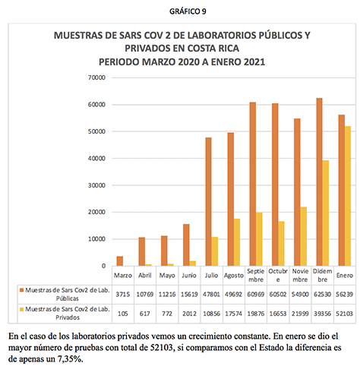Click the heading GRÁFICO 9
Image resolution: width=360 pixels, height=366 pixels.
(x=188, y=11)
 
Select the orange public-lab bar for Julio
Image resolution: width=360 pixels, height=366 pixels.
(x=208, y=202)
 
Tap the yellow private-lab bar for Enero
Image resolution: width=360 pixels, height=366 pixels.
(x=348, y=196)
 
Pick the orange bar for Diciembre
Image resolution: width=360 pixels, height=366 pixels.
(x=319, y=182)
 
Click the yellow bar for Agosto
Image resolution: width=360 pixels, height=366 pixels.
(x=237, y=242)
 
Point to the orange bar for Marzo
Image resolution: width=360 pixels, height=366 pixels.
(x=120, y=261)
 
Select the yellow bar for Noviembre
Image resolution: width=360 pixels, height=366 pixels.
(x=303, y=236)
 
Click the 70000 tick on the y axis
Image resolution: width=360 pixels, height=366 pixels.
(x=96, y=77)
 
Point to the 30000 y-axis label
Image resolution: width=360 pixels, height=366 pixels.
(x=96, y=185)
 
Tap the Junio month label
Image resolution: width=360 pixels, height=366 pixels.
(x=189, y=276)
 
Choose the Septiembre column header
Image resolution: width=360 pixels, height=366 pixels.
(x=256, y=276)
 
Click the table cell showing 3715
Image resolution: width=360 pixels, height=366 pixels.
(x=123, y=295)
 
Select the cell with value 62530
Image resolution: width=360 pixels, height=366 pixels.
(x=322, y=295)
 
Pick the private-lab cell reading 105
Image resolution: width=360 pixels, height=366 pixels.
(x=123, y=314)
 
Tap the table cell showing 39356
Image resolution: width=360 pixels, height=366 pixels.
(x=322, y=314)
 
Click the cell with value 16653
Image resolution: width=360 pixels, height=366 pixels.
(x=278, y=314)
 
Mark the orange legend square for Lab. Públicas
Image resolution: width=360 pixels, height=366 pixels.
(x=21, y=290)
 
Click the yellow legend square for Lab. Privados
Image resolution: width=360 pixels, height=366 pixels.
(x=21, y=309)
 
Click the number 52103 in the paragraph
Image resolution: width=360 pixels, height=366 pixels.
(x=162, y=348)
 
